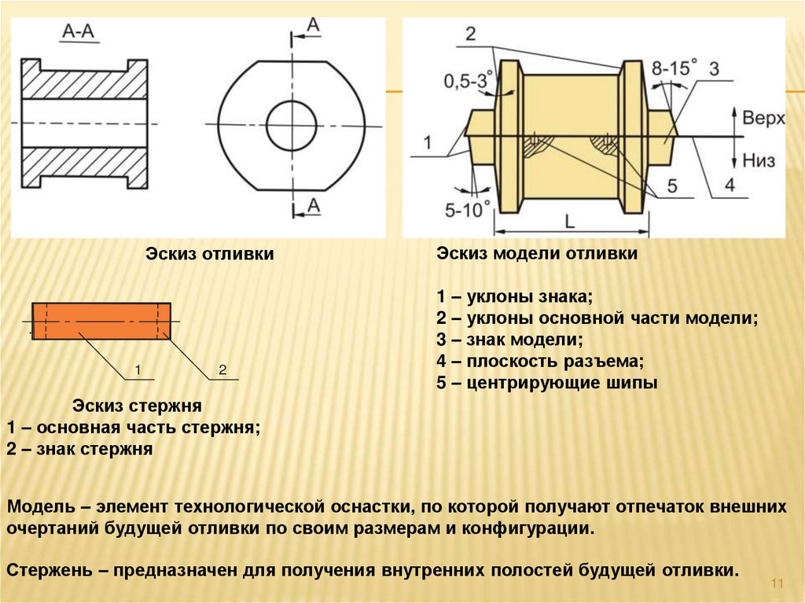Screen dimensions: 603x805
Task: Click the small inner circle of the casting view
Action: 291,126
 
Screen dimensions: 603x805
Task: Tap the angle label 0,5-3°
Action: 471,79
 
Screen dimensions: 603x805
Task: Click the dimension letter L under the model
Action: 570,222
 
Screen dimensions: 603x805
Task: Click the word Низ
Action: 758,161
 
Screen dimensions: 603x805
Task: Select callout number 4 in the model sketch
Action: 730,186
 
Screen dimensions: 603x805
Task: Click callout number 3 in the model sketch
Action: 714,68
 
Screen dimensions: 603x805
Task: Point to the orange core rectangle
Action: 101,321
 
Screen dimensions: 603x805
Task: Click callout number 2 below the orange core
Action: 222,369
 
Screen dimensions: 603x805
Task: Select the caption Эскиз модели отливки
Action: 537,254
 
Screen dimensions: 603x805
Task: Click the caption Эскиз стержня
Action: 138,406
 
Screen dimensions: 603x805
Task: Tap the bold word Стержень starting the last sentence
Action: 49,569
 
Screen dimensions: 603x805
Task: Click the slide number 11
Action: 779,583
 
